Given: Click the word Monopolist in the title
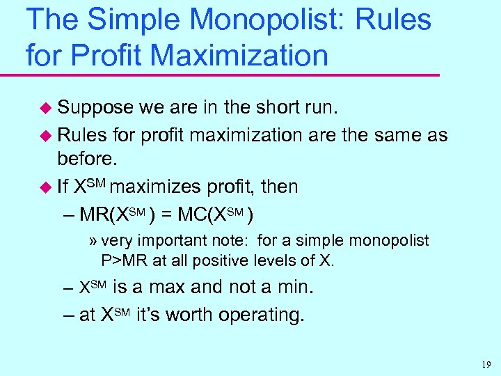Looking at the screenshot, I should coord(275,20).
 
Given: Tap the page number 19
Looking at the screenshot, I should coord(485,363).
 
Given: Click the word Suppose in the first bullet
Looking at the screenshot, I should coord(95,107).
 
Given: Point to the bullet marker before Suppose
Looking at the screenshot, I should coord(45,108).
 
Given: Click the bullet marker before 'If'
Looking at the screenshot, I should coord(45,187).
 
